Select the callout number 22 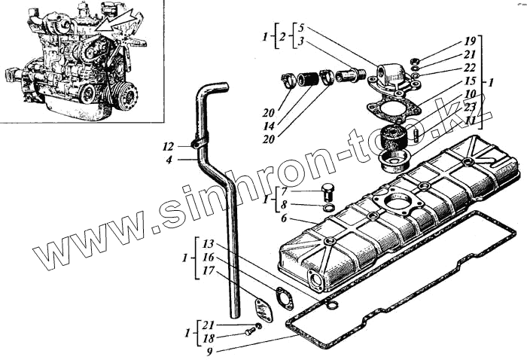click(x=470, y=67)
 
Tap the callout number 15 click(x=470, y=81)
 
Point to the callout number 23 click(x=470, y=107)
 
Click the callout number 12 click(x=167, y=145)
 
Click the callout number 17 click(x=209, y=270)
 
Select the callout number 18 click(x=209, y=338)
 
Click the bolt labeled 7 click(x=327, y=190)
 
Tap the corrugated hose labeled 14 click(x=306, y=78)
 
